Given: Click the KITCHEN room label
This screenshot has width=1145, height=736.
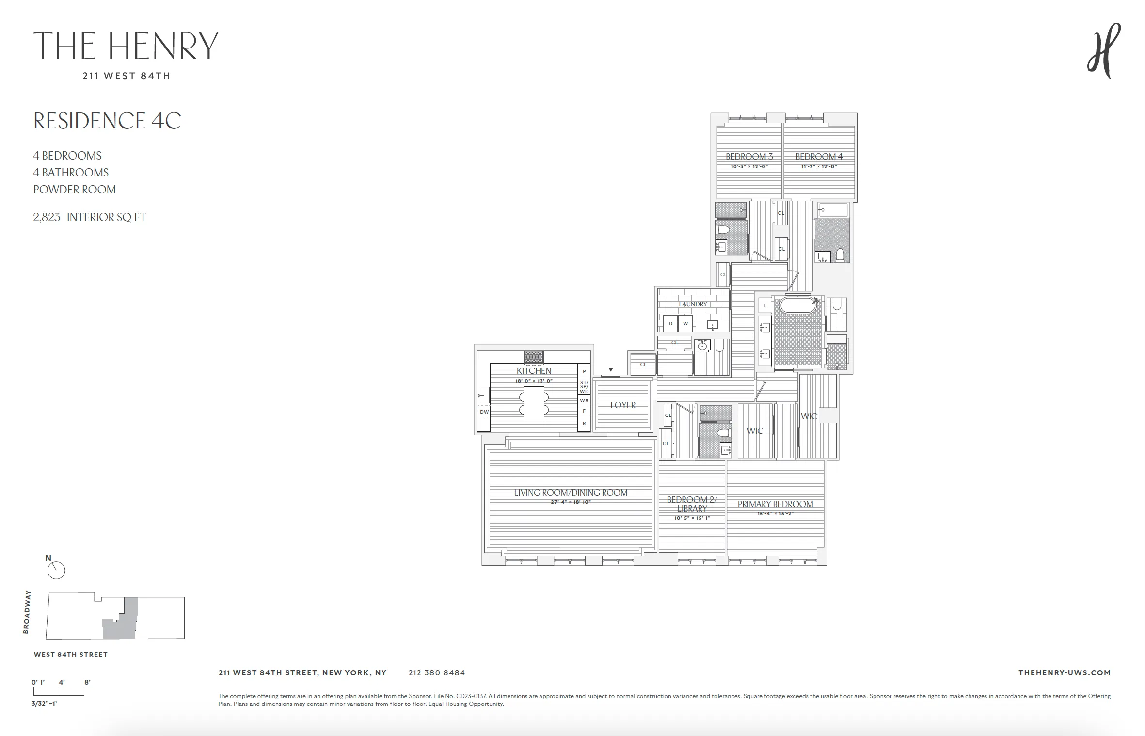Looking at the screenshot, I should (x=534, y=371).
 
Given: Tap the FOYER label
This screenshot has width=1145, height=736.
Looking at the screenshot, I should (x=623, y=405).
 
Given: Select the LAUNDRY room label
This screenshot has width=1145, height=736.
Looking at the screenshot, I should (x=693, y=304).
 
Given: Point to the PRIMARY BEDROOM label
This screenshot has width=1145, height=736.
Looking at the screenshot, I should (x=775, y=504).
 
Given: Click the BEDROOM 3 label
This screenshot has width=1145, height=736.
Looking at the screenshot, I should (x=749, y=157).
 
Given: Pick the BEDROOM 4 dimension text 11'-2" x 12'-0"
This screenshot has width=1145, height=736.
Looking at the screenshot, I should (x=819, y=167).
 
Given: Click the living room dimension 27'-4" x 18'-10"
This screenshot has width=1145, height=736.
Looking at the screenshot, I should (x=571, y=502).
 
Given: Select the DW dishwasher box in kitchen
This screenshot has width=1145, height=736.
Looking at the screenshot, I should (x=484, y=412).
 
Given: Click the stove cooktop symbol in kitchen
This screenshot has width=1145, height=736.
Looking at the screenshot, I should (x=534, y=357).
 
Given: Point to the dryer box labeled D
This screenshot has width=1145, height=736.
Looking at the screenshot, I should (x=671, y=324).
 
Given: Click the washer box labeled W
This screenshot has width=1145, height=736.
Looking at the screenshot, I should (x=685, y=324).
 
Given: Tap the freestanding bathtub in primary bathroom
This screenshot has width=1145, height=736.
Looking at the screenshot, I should (x=797, y=305).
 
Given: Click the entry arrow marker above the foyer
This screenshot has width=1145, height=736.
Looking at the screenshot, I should (x=611, y=370).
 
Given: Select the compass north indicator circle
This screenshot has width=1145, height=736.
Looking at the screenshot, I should (x=56, y=571).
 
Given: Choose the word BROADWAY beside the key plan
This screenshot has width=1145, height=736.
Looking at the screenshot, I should (x=27, y=612).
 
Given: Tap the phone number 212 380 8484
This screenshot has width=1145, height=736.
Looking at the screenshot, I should (x=436, y=673).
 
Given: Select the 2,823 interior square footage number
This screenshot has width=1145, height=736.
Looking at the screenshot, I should (x=47, y=217).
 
